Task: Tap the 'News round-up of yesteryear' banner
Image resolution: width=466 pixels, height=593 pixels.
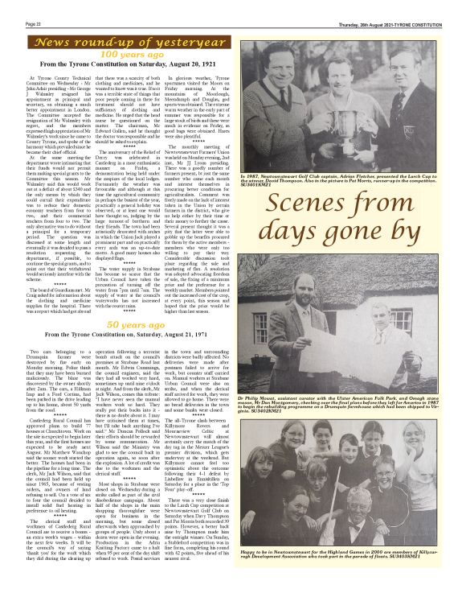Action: coord(119,40)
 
